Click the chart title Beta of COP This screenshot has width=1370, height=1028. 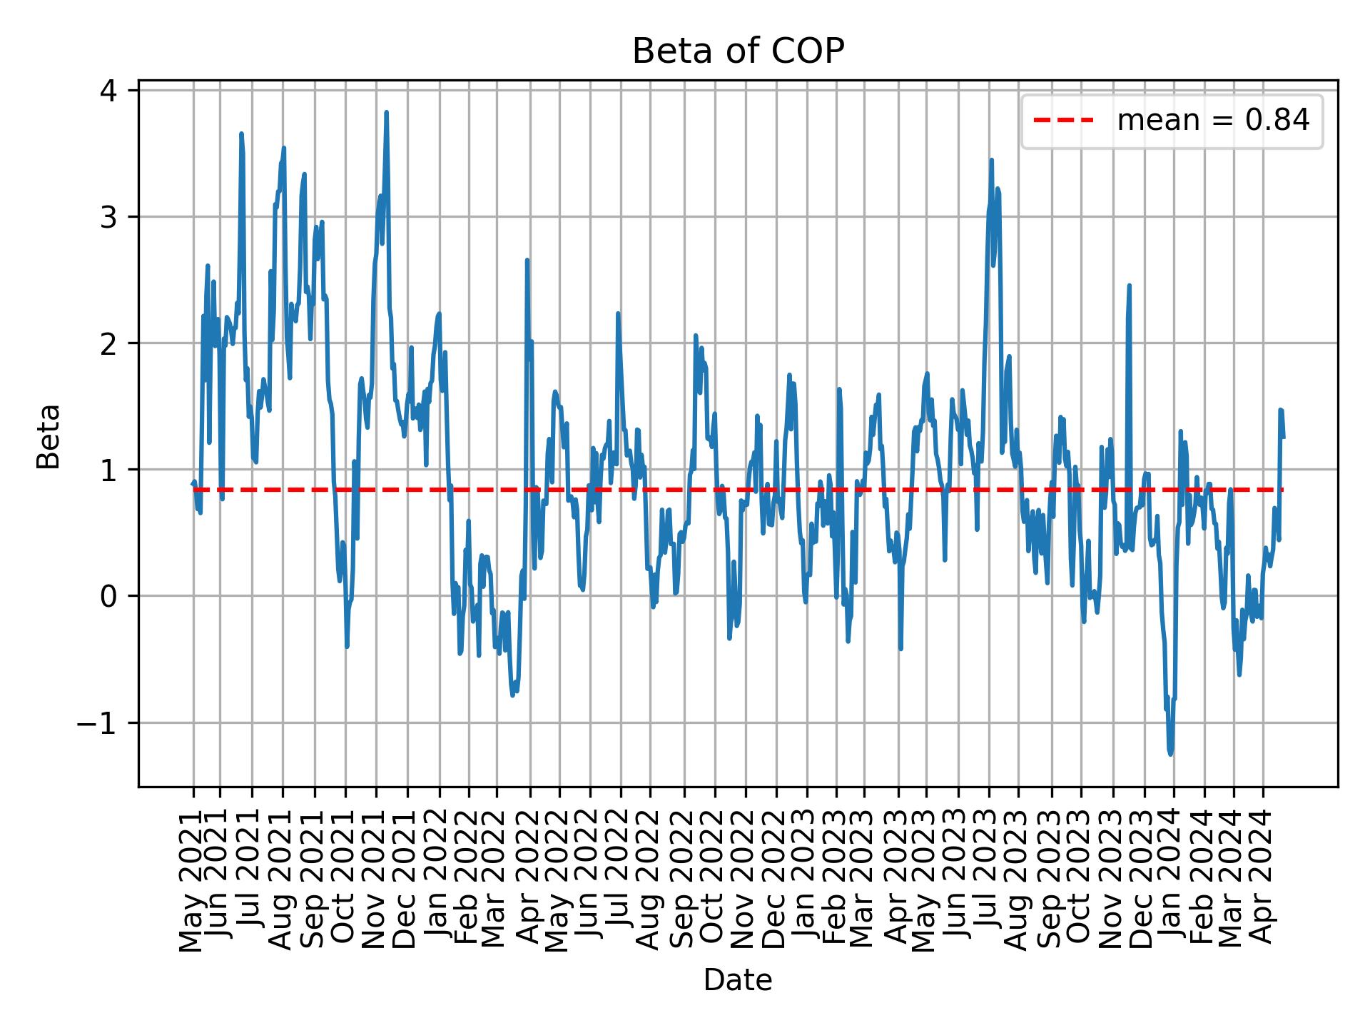738,52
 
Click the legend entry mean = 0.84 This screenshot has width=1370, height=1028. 1212,121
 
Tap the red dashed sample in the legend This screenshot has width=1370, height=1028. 1063,121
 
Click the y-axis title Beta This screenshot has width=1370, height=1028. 49,436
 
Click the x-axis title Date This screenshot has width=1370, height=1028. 738,981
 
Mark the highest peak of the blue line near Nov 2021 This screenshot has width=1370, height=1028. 386,113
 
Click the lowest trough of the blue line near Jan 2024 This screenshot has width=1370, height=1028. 1170,754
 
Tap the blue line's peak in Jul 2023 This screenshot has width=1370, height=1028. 991,161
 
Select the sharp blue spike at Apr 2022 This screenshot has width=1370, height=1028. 527,261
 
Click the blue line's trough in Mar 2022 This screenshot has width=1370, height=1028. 512,695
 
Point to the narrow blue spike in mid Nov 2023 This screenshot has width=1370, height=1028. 1130,286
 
